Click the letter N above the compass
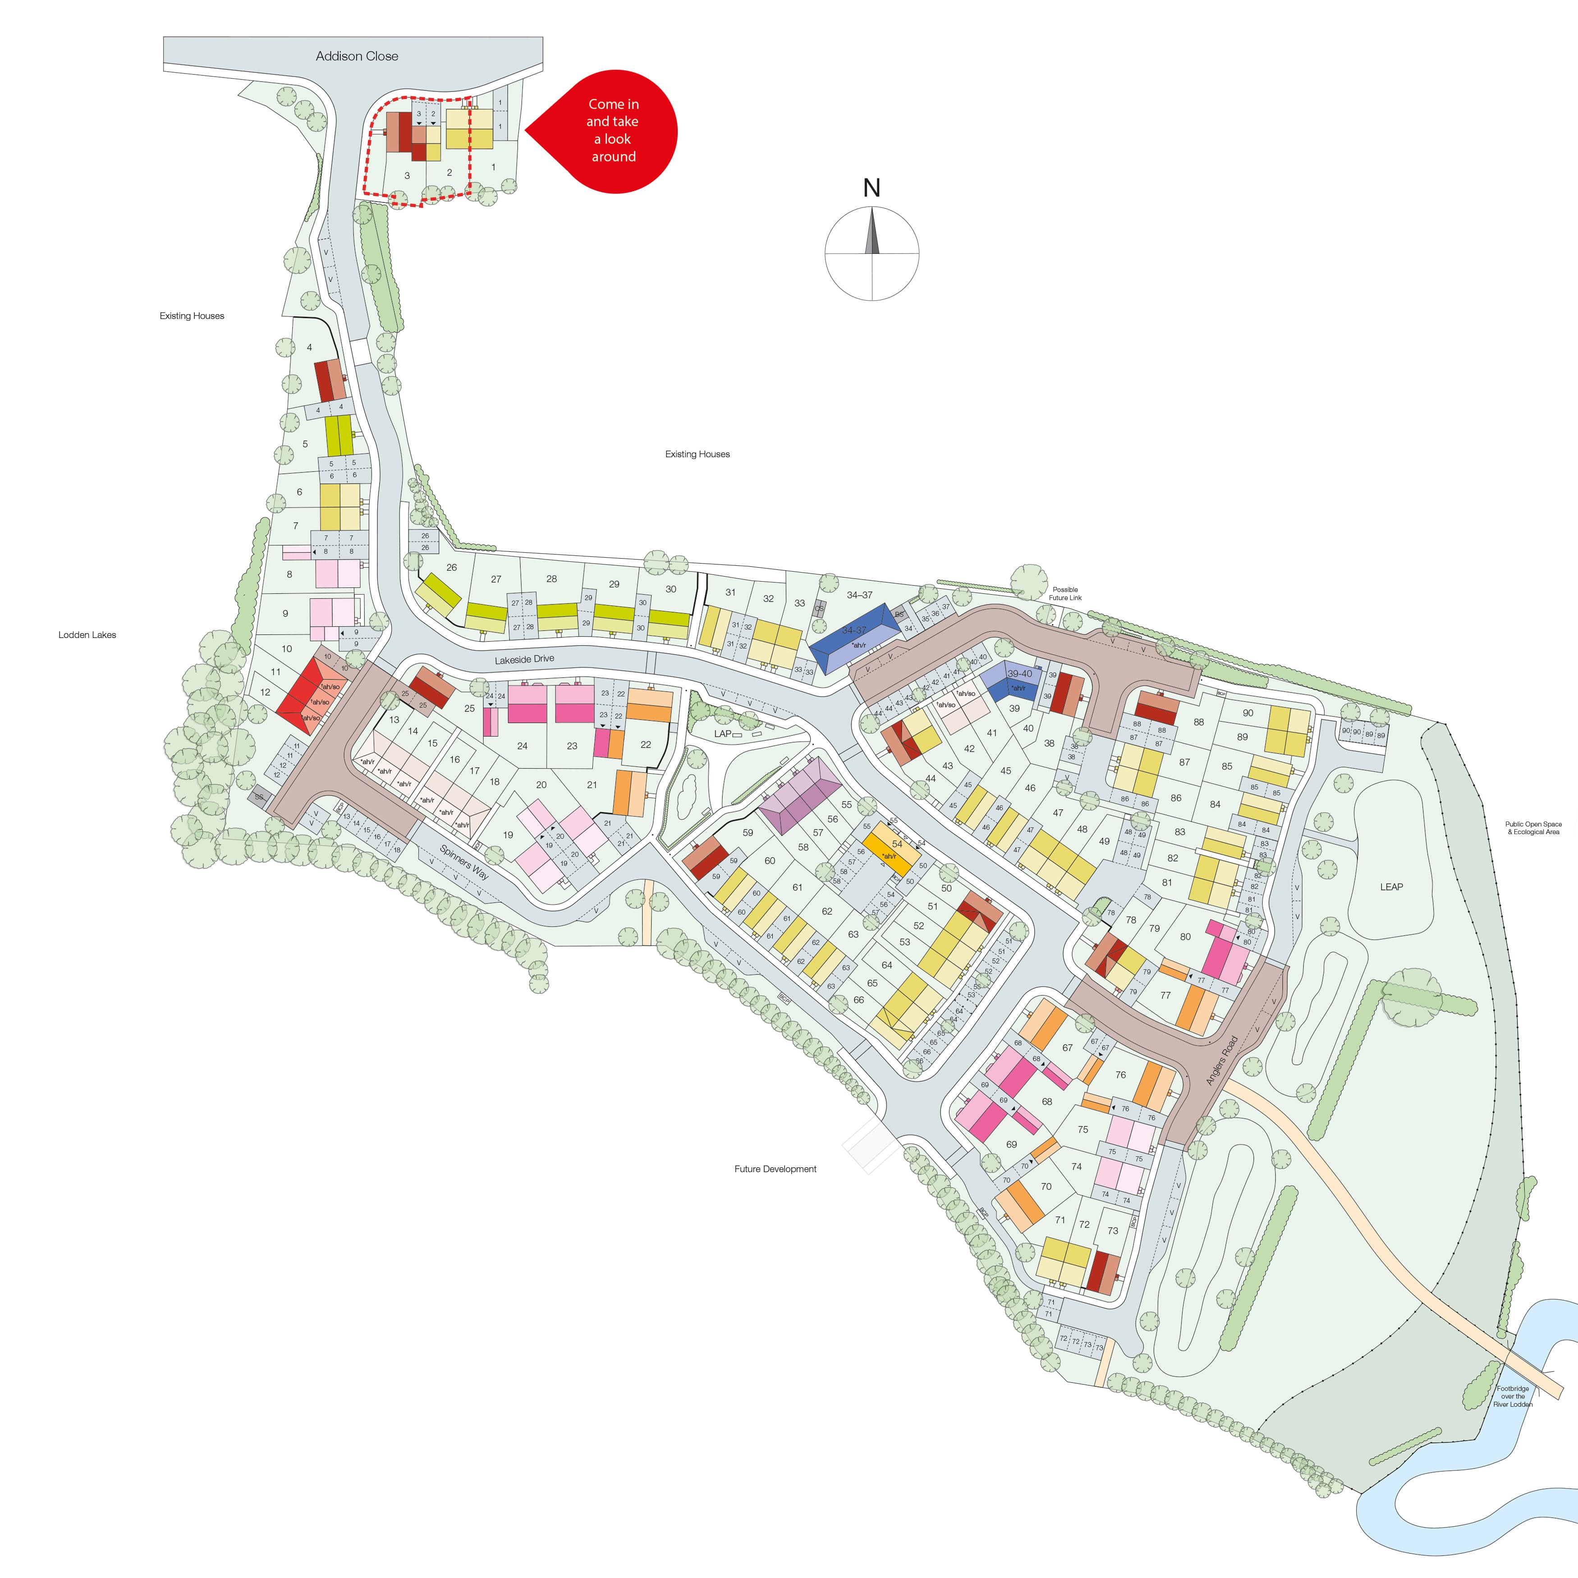pos(872,188)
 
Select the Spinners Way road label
pos(464,862)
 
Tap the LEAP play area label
pos(1391,887)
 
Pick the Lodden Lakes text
pos(87,635)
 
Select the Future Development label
pos(775,1169)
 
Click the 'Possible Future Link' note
pos(1065,593)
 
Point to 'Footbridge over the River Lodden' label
pos(1513,1396)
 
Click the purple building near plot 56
pos(800,794)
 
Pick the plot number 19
pos(508,835)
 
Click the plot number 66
pos(858,1000)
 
